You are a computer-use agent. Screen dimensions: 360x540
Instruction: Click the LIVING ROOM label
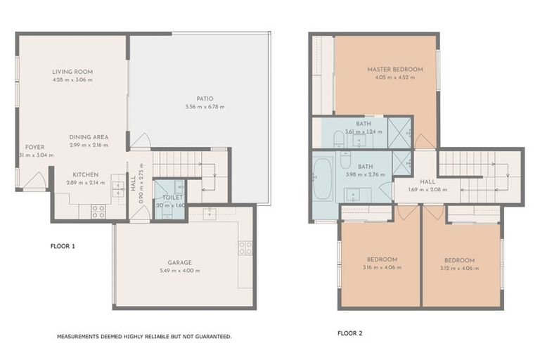click(72, 72)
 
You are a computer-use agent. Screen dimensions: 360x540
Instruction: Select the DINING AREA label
click(89, 137)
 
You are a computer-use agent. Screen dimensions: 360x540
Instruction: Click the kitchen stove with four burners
click(98, 211)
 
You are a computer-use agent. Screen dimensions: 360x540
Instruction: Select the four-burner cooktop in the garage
click(245, 247)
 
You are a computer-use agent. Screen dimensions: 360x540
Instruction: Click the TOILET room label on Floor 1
click(172, 198)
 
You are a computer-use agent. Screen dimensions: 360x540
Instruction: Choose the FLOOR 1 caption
click(63, 247)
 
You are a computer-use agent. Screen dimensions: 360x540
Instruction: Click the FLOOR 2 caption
click(349, 333)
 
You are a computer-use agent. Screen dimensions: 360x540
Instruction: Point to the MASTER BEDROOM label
click(394, 69)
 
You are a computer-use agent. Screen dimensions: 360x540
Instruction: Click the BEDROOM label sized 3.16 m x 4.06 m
click(382, 259)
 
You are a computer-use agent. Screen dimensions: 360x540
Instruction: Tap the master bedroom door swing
click(425, 141)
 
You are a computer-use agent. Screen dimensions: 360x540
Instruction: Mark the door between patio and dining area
click(140, 141)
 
